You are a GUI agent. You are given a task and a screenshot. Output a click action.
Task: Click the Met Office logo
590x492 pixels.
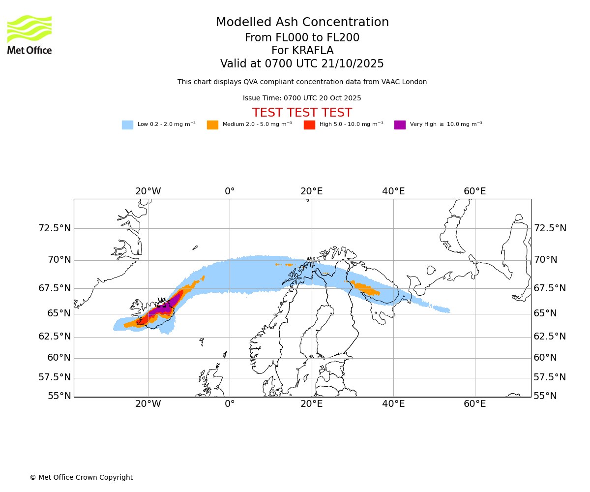29,34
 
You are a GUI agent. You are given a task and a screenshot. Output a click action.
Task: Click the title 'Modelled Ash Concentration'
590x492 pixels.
302,22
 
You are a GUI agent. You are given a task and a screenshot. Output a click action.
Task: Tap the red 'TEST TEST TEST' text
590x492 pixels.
302,113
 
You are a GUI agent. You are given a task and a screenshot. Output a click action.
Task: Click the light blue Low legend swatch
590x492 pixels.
127,125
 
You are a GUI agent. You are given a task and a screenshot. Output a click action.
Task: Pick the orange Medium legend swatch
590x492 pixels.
212,125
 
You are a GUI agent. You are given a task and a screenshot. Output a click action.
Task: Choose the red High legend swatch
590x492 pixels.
309,125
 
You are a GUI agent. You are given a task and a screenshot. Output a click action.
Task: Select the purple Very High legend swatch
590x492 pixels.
400,125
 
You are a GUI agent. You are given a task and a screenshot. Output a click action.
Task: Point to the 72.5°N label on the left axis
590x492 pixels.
55,228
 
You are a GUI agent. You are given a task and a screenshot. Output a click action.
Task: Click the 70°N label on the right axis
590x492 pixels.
546,260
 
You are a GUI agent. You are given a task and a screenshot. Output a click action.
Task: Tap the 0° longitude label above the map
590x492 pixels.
230,191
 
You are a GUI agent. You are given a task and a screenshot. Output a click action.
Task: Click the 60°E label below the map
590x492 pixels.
474,404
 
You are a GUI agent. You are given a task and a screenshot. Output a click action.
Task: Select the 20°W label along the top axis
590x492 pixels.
148,191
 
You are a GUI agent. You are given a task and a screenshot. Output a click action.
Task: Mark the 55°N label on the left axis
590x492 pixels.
59,396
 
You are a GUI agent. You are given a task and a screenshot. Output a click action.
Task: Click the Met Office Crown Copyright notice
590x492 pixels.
81,477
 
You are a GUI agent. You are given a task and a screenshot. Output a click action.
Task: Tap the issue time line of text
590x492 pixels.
302,98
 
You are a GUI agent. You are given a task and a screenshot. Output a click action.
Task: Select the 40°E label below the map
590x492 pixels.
393,404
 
